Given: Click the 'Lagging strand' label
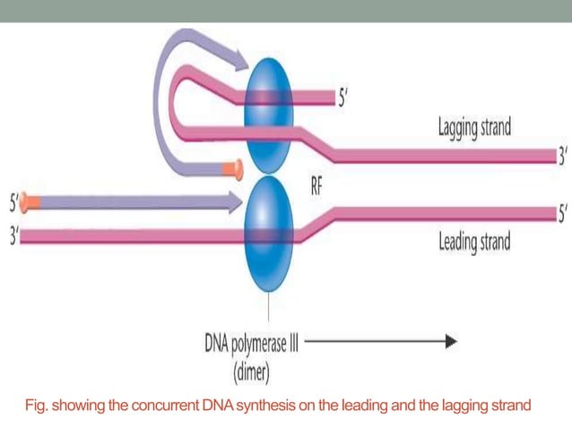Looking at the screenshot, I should [473, 126].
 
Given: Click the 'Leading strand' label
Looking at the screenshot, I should [473, 242].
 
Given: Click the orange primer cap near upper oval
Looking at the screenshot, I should [237, 166].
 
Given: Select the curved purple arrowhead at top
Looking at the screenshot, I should [234, 59].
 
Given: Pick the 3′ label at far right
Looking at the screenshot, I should [562, 157].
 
